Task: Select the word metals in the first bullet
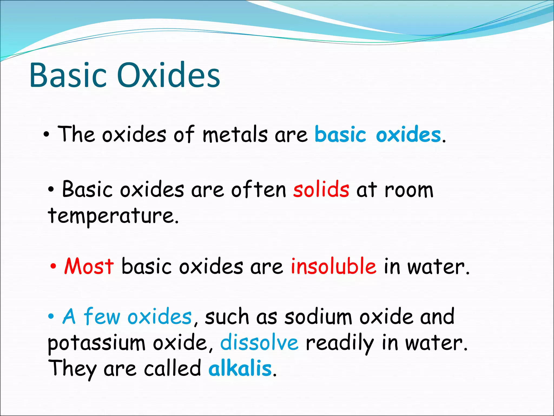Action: click(x=235, y=135)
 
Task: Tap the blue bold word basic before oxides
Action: click(x=340, y=135)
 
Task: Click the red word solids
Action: click(x=321, y=189)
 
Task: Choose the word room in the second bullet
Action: click(x=409, y=190)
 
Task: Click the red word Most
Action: click(x=89, y=266)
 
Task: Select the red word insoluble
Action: click(x=333, y=266)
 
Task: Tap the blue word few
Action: click(x=102, y=316)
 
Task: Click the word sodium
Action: click(x=318, y=316)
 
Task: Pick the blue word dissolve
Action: click(x=259, y=342)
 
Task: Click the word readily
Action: click(x=340, y=343)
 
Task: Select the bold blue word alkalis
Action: click(x=240, y=368)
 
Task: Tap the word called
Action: click(x=172, y=368)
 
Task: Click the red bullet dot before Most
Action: click(x=53, y=267)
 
